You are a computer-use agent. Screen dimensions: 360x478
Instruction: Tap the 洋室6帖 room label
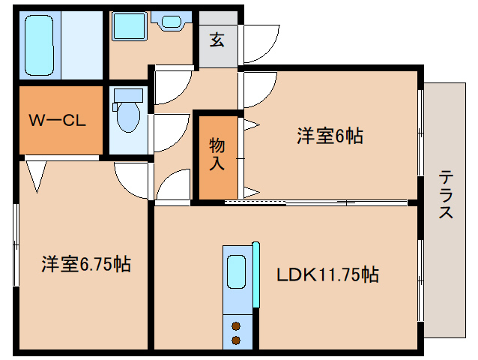click(x=330, y=136)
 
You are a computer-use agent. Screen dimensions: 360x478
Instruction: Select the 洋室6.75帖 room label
click(x=85, y=264)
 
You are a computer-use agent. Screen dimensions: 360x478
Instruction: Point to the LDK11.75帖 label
click(x=327, y=275)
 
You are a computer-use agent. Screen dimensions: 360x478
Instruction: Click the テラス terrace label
click(x=446, y=195)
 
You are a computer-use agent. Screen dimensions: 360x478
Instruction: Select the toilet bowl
click(x=129, y=117)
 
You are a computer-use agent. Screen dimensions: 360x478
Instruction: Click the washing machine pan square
click(x=130, y=28)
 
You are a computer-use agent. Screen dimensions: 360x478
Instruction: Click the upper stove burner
click(x=237, y=326)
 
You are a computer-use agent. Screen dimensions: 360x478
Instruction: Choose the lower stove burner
click(x=237, y=340)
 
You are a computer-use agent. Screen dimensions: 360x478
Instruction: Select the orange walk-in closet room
click(x=60, y=120)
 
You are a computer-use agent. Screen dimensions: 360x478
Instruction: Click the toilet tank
click(x=128, y=95)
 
